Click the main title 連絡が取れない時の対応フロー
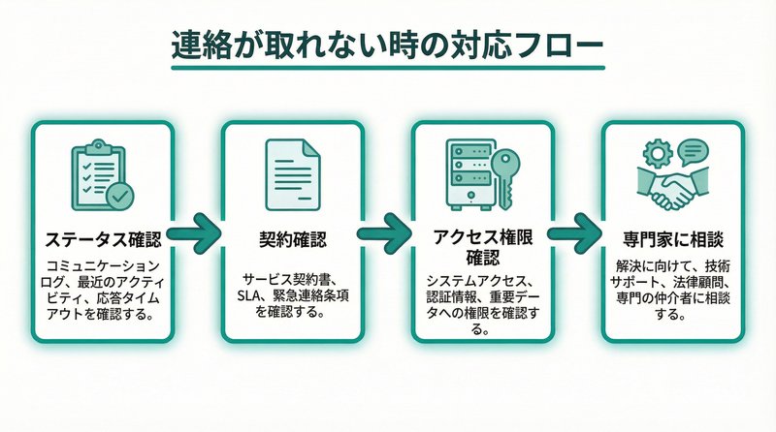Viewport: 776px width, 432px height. [x=387, y=46]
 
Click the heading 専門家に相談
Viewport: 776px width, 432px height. [x=672, y=236]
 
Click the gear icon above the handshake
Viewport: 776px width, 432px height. [x=655, y=153]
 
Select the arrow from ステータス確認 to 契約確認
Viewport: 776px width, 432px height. [x=198, y=232]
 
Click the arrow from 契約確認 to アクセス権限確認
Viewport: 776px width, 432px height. [x=387, y=232]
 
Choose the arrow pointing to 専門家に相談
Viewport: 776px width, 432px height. [x=577, y=232]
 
